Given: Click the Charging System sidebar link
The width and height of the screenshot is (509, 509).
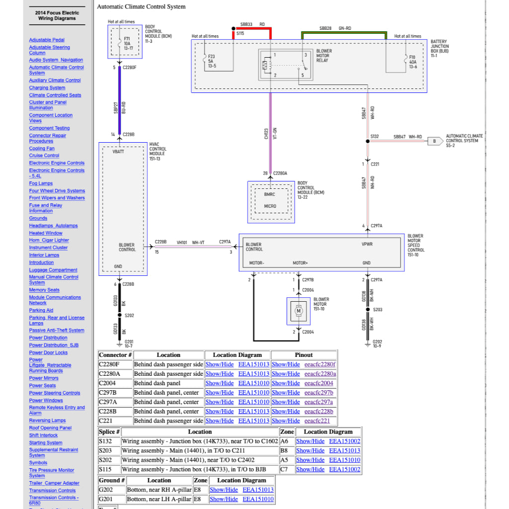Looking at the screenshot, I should click(x=47, y=88).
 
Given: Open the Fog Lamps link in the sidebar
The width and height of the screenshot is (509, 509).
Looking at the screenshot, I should click(x=41, y=183).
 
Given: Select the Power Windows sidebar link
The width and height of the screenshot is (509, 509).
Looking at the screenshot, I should click(x=46, y=400).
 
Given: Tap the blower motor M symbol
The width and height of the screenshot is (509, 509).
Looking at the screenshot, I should click(x=299, y=311).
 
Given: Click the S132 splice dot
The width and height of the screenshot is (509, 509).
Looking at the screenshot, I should click(x=368, y=141).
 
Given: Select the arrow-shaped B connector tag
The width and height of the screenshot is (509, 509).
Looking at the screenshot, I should click(x=435, y=141).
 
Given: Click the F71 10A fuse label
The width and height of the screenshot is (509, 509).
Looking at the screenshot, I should click(x=127, y=43).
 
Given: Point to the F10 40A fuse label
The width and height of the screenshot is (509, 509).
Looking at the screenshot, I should click(x=412, y=62).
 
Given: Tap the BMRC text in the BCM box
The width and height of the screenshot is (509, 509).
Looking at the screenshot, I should click(x=269, y=194).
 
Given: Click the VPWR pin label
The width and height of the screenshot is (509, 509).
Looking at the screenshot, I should click(x=367, y=245).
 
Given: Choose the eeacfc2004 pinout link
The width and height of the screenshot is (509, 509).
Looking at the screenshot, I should click(x=319, y=383).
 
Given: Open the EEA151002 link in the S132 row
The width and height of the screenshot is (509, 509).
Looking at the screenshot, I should click(x=344, y=441).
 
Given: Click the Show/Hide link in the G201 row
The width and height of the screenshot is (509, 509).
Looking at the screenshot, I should click(x=224, y=499).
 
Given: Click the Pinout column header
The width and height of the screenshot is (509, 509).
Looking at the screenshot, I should click(x=304, y=355).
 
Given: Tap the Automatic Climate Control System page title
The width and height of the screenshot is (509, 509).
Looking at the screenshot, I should click(x=141, y=7).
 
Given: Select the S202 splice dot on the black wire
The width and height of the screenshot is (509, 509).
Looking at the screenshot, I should click(x=119, y=315).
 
